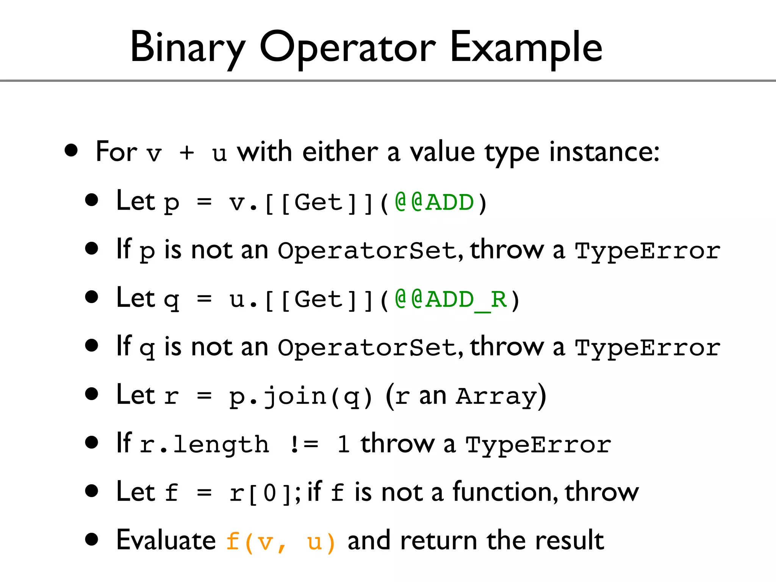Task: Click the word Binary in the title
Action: (x=188, y=48)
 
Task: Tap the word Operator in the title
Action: (x=347, y=48)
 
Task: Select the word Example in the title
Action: (x=526, y=48)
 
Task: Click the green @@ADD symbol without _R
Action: (x=434, y=202)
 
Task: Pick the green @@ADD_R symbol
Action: (x=451, y=299)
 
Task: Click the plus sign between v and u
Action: (x=187, y=153)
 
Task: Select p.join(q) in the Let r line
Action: (x=301, y=396)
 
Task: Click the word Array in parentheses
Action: (x=496, y=396)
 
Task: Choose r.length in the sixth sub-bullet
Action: (x=204, y=444)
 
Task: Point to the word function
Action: (x=504, y=492)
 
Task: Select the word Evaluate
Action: (x=166, y=541)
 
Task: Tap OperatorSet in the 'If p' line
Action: (x=367, y=251)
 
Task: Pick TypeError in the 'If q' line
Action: (x=648, y=348)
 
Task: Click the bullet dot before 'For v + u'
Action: (x=71, y=150)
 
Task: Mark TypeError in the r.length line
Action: (x=538, y=444)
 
